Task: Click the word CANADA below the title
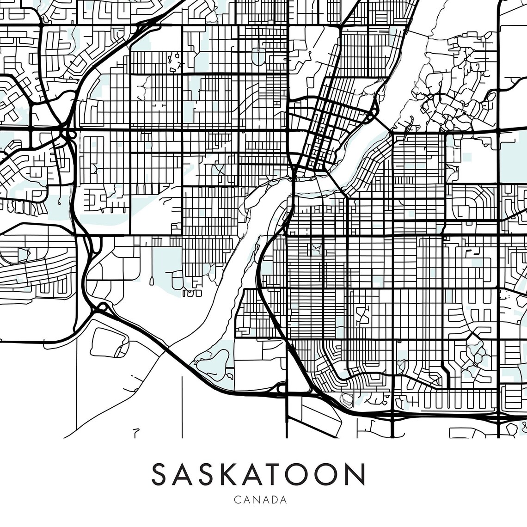pyautogui.click(x=261, y=500)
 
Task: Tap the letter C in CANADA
pyautogui.click(x=237, y=500)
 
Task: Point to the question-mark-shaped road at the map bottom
pyautogui.click(x=135, y=433)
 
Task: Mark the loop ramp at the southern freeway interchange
pyautogui.click(x=281, y=389)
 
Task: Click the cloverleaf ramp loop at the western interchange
pyautogui.click(x=71, y=134)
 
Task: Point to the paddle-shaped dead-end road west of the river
pyautogui.click(x=152, y=279)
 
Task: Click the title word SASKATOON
pyautogui.click(x=258, y=474)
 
